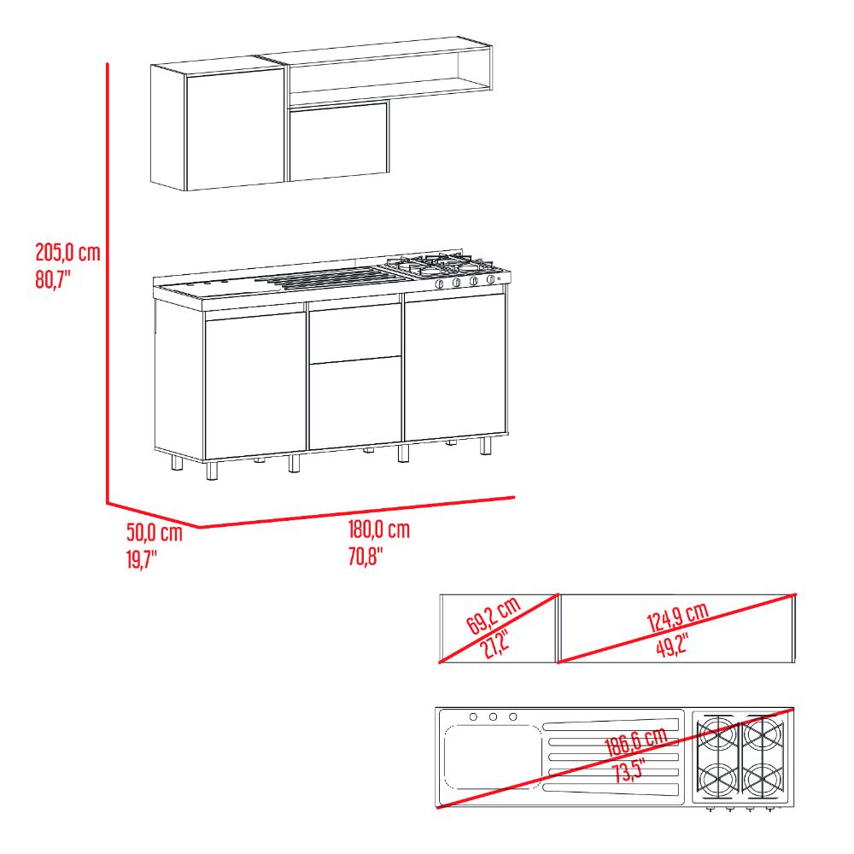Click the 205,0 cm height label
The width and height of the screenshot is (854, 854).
click(x=68, y=253)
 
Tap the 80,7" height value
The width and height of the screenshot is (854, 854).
click(x=53, y=280)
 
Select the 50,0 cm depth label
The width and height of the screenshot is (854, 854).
click(x=154, y=532)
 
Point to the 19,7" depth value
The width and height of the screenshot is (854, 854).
click(x=142, y=559)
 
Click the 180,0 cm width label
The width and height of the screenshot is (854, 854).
click(x=378, y=529)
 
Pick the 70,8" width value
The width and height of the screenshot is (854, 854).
click(x=366, y=556)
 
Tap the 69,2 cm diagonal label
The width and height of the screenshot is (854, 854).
click(x=494, y=616)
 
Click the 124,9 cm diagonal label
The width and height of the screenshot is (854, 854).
click(x=677, y=617)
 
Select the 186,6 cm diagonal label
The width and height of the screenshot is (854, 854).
click(x=636, y=742)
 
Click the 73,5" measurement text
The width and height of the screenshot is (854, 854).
click(x=629, y=770)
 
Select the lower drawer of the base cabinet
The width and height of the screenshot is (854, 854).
click(x=355, y=403)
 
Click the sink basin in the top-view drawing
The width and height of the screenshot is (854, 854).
click(x=493, y=757)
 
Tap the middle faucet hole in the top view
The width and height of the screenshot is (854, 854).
click(x=493, y=717)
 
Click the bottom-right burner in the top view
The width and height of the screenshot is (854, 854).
click(x=763, y=780)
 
